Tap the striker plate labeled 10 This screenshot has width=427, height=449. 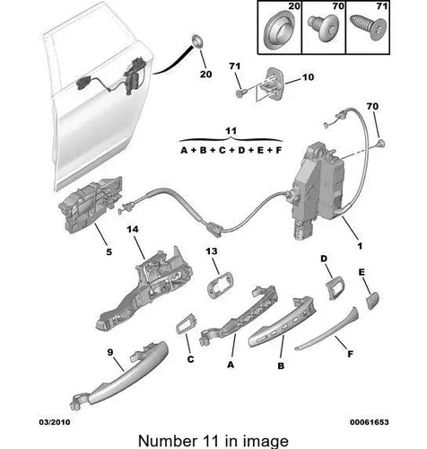tap(270, 84)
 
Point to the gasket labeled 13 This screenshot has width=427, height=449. tap(220, 285)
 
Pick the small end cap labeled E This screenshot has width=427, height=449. tap(372, 301)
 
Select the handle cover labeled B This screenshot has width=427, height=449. tap(283, 321)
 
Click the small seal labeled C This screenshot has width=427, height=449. tap(186, 323)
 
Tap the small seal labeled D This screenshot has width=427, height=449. tap(335, 288)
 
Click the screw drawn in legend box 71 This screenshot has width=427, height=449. tap(370, 28)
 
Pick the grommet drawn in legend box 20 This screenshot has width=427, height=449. tap(279, 31)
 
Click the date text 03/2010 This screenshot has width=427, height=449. tap(55, 422)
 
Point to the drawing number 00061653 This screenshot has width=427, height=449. tap(370, 422)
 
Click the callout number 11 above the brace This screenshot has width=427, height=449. tap(231, 131)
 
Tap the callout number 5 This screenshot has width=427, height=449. tap(109, 251)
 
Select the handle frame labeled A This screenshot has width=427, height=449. tap(240, 317)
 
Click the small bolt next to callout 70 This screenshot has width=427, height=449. tap(380, 144)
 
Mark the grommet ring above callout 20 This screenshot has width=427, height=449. tap(197, 41)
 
